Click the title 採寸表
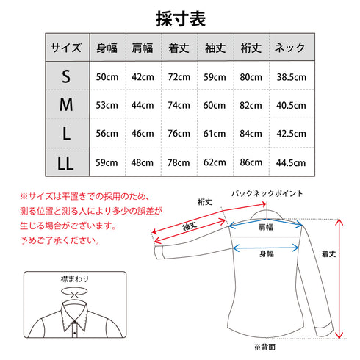180,18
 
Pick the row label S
66,76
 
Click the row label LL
66,162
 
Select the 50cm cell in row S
107,76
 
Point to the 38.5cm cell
290,76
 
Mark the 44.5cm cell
290,162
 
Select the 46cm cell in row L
143,134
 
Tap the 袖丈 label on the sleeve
189,228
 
